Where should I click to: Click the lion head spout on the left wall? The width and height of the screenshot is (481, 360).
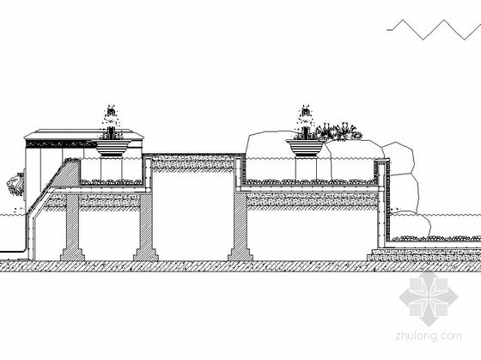(15, 185)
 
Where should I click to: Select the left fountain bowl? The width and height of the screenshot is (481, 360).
(112, 147)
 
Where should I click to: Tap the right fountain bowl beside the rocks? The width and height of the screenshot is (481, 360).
(306, 147)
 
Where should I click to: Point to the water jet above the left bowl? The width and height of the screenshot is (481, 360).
(112, 122)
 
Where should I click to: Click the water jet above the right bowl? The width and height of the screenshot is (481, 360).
(306, 122)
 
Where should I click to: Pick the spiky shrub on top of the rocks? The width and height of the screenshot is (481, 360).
(338, 132)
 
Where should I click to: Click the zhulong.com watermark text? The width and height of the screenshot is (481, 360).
(429, 336)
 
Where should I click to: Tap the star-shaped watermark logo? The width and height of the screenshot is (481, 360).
(429, 298)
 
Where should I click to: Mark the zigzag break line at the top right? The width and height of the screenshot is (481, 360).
(434, 30)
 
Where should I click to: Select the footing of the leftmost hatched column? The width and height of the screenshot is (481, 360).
(72, 254)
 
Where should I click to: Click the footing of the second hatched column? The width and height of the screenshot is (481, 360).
(146, 254)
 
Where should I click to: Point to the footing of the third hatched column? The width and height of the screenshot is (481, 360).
(240, 254)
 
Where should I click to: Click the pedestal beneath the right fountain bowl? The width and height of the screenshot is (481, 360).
(306, 168)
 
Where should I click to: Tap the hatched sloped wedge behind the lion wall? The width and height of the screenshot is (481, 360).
(66, 174)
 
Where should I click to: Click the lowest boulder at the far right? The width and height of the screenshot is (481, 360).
(411, 226)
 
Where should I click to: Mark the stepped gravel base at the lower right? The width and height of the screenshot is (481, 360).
(424, 255)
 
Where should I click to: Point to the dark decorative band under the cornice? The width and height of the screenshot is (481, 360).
(59, 143)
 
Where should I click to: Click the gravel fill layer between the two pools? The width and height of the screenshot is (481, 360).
(193, 163)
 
